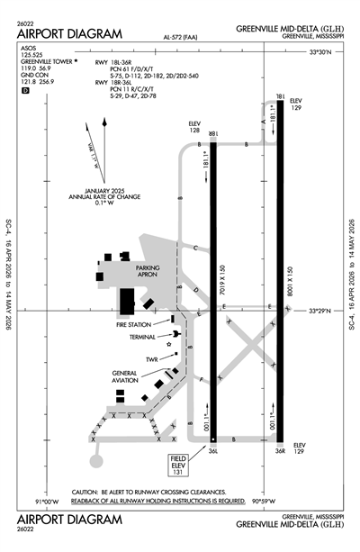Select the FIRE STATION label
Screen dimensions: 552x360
coord(134,324)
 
